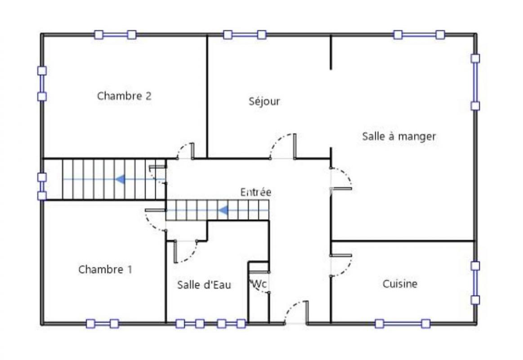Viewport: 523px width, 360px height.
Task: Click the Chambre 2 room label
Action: [124, 96]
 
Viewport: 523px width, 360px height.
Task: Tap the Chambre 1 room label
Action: [105, 269]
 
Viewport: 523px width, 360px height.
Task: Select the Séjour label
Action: [264, 101]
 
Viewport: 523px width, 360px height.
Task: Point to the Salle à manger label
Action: [399, 136]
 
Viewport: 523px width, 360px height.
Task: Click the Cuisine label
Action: [400, 284]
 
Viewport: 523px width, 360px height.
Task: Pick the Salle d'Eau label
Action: [204, 284]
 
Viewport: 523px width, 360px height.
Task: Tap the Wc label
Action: [259, 284]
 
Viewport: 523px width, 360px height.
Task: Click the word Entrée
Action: [256, 192]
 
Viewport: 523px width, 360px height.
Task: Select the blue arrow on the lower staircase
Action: [223, 211]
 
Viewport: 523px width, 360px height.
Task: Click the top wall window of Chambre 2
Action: [115, 35]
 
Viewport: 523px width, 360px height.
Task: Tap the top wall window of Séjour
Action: [245, 35]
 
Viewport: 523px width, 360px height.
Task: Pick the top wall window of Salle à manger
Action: [419, 35]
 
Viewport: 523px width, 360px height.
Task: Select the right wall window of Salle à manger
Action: [475, 82]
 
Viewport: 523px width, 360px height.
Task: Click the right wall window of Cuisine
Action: [475, 283]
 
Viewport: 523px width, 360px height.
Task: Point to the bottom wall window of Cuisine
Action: [402, 323]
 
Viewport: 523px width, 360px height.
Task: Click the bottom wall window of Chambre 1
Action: [103, 323]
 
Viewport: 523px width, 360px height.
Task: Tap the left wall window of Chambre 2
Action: [42, 83]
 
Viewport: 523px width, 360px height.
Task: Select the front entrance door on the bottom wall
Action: [296, 312]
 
